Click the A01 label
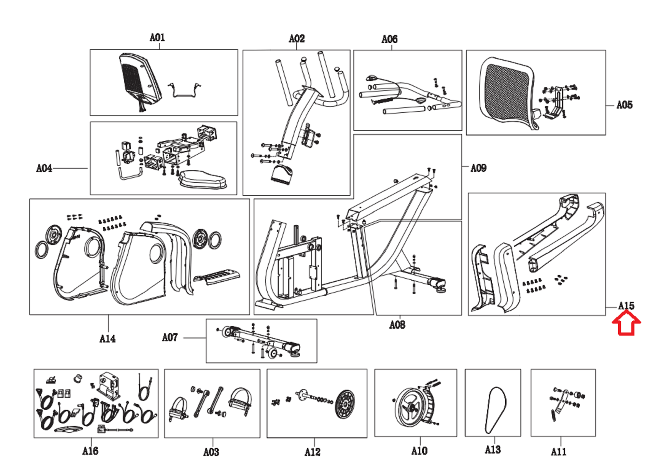[x=157, y=38]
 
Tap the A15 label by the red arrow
[x=626, y=306]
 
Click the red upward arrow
[x=626, y=323]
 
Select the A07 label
[x=170, y=337]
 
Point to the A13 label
[x=493, y=449]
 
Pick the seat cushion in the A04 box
[x=202, y=180]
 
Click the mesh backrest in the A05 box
[x=506, y=92]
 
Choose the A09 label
[x=478, y=168]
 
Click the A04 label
[x=44, y=168]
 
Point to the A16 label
[x=90, y=451]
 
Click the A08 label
[x=397, y=325]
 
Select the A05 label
[x=624, y=105]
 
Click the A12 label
[x=312, y=452]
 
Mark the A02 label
[x=296, y=39]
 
